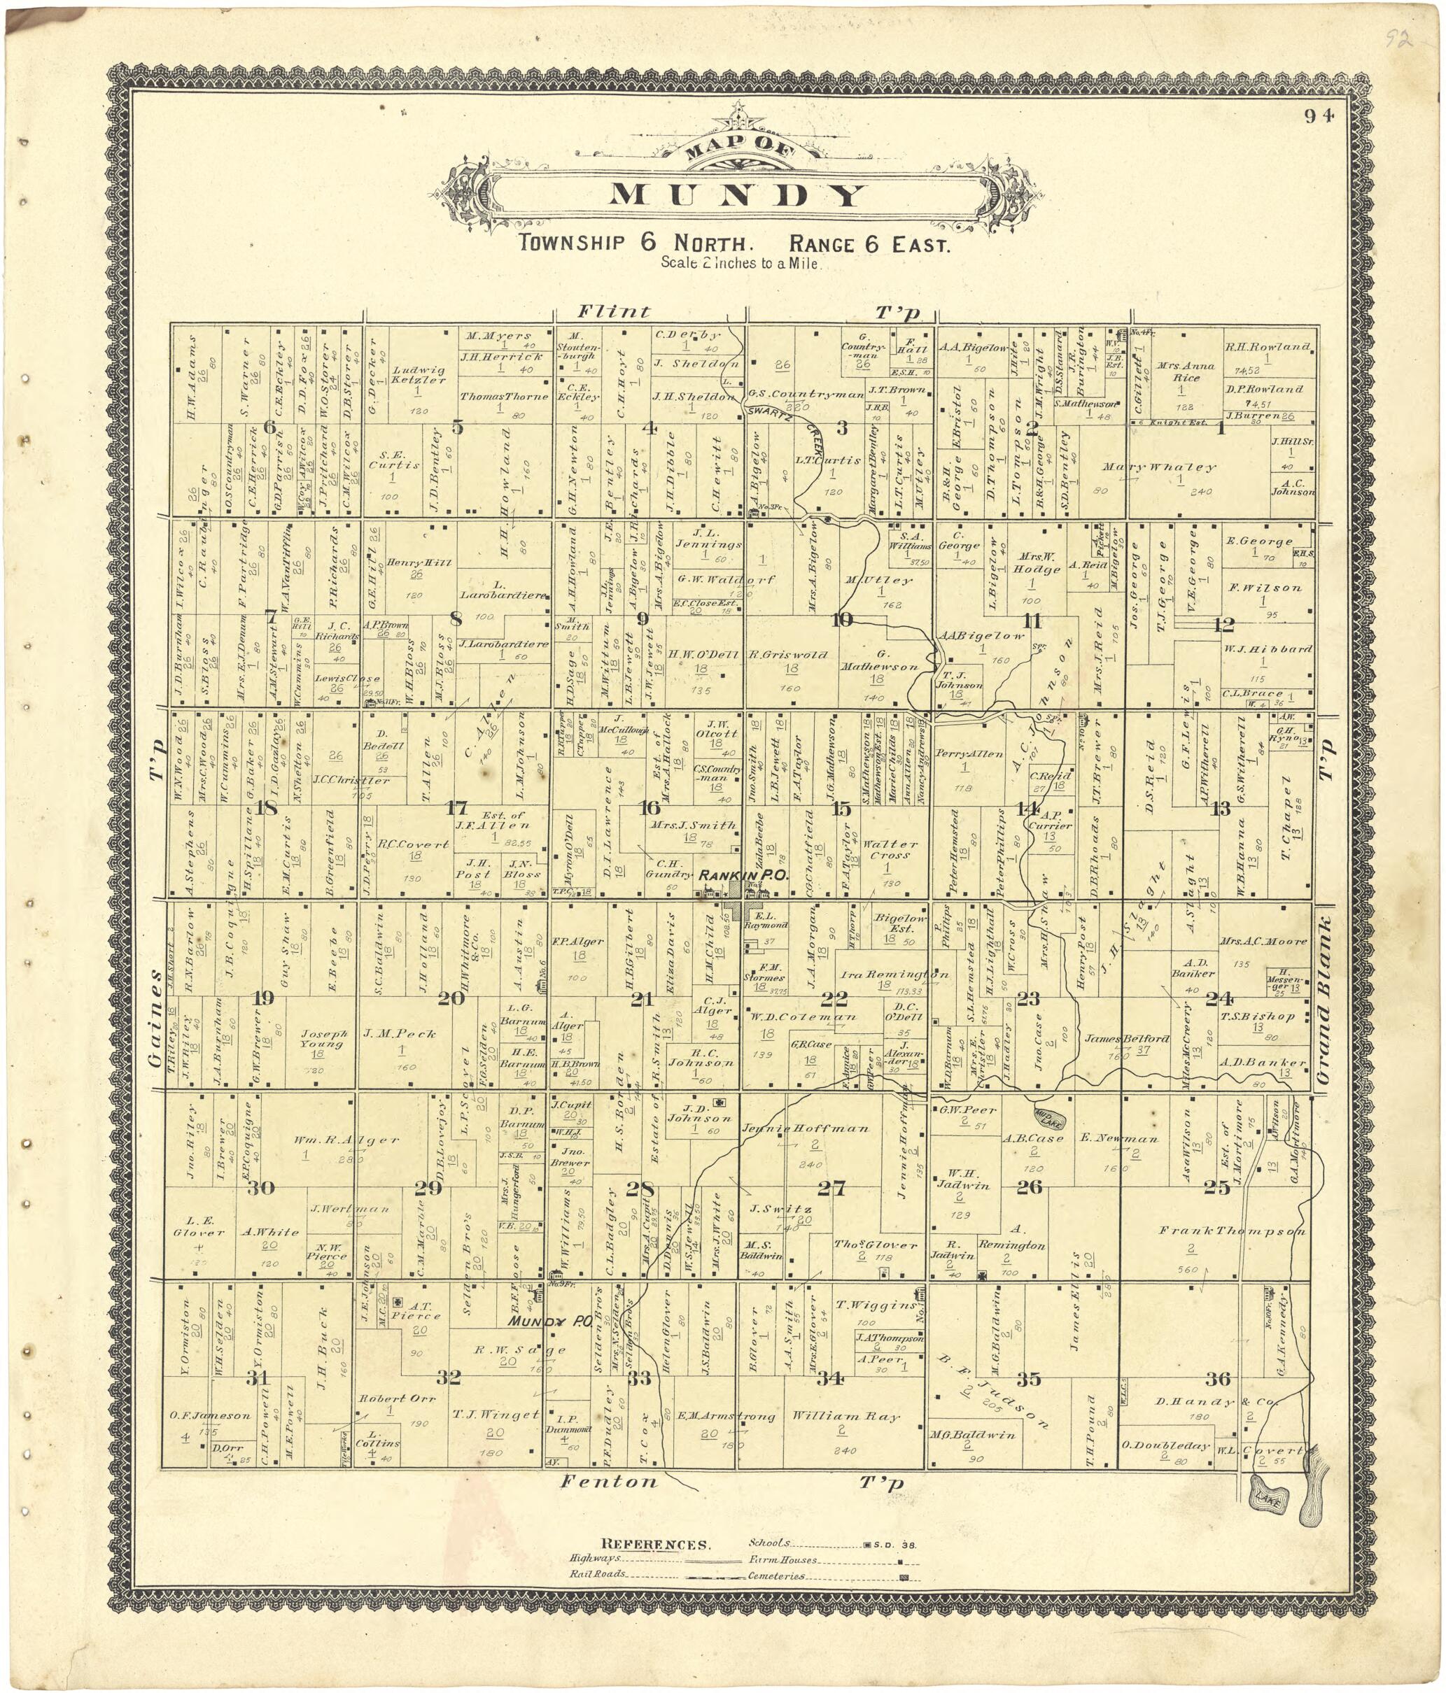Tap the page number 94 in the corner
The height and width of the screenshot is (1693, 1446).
(x=1319, y=116)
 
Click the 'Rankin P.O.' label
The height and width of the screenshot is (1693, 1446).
(x=741, y=875)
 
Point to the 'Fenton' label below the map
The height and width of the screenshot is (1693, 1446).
(x=608, y=1480)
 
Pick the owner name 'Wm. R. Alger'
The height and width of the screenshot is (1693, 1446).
(x=335, y=1140)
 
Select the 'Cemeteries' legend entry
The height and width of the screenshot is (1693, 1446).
(x=775, y=1576)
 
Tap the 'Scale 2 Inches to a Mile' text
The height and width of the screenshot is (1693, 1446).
(x=740, y=264)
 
